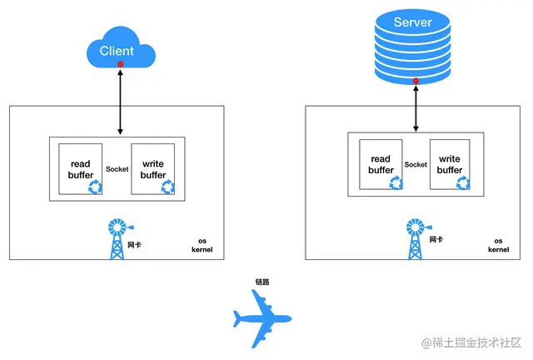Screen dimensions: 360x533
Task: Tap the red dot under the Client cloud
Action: pyautogui.click(x=121, y=64)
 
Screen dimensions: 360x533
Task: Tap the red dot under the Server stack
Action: pyautogui.click(x=416, y=81)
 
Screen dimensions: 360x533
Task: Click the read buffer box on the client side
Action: pyautogui.click(x=81, y=169)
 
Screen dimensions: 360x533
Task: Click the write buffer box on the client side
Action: pyautogui.click(x=153, y=169)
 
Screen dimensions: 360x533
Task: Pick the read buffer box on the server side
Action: pyautogui.click(x=381, y=165)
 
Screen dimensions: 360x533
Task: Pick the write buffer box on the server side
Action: pyautogui.click(x=450, y=165)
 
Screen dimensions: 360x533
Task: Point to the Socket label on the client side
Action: pyautogui.click(x=117, y=169)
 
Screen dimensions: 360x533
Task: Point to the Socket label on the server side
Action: pyautogui.click(x=416, y=165)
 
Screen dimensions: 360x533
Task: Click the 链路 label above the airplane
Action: pyautogui.click(x=262, y=282)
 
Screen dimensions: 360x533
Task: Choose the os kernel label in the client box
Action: pyautogui.click(x=202, y=244)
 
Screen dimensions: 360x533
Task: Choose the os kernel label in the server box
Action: pyautogui.click(x=498, y=245)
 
